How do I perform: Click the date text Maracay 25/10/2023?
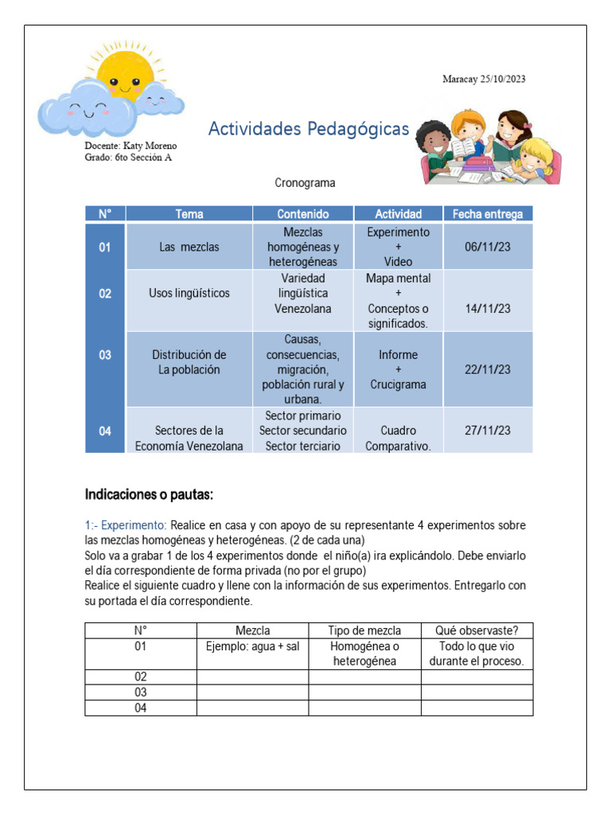484,79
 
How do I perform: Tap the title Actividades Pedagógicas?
308,129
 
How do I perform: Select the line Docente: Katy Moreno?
130,146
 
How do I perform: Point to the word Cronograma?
305,183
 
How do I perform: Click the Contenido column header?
302,213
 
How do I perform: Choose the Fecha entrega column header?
487,213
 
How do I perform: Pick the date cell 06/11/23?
487,247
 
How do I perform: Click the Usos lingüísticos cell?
189,293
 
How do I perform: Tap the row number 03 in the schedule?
105,355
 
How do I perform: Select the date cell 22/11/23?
487,369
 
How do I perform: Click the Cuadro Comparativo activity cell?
398,439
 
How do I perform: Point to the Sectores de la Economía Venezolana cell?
189,439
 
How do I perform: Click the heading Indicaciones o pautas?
149,495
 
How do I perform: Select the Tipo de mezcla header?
364,630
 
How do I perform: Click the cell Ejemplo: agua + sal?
252,646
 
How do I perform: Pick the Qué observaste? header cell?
477,630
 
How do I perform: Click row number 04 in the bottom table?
141,708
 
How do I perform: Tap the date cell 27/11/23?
487,431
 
